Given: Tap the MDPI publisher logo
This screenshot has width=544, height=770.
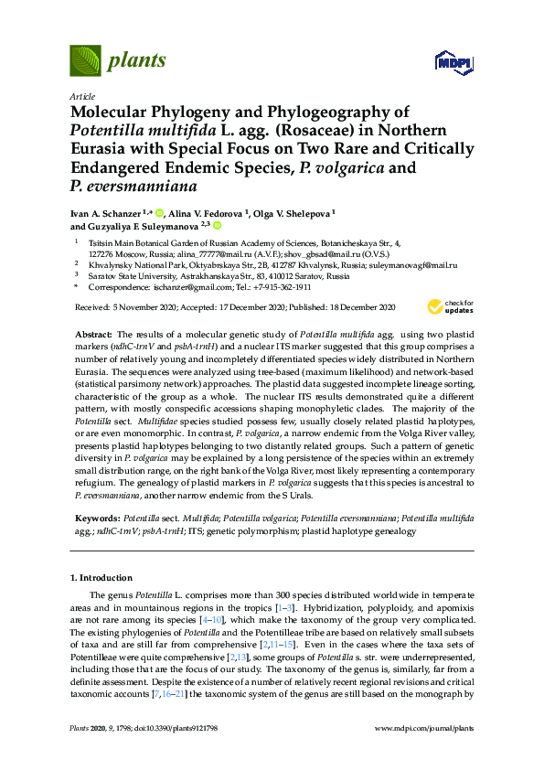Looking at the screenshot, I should tap(454, 62).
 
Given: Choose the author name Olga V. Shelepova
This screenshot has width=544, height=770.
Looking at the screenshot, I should tap(293, 212).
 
